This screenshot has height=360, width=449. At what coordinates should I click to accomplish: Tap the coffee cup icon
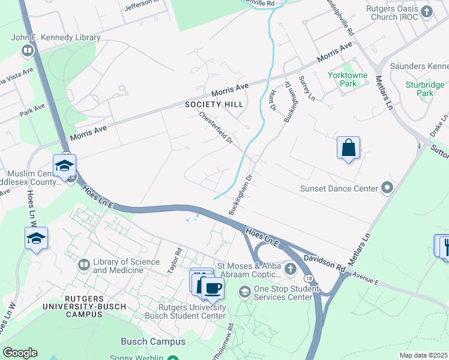point(212,289)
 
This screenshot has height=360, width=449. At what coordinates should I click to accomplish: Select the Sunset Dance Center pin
point(387,188)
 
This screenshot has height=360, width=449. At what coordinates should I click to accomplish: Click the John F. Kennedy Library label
point(56,37)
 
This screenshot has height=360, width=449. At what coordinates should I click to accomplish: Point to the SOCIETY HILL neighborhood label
point(214,104)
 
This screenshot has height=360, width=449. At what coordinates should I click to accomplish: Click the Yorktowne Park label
point(343,79)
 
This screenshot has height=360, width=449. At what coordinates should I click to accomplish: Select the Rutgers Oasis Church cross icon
point(427,11)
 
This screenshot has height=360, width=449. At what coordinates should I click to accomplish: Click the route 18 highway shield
point(308,278)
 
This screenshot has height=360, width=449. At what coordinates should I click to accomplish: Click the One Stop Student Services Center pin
point(244,292)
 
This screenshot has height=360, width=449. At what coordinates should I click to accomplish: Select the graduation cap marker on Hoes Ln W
point(36,238)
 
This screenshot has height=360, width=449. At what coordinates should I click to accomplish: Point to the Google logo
point(20,353)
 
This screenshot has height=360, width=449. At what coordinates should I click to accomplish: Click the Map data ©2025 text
point(423,355)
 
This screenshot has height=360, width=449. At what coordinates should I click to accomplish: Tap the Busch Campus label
point(153,341)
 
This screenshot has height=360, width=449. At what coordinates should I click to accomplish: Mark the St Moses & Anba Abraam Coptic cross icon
point(291,268)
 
